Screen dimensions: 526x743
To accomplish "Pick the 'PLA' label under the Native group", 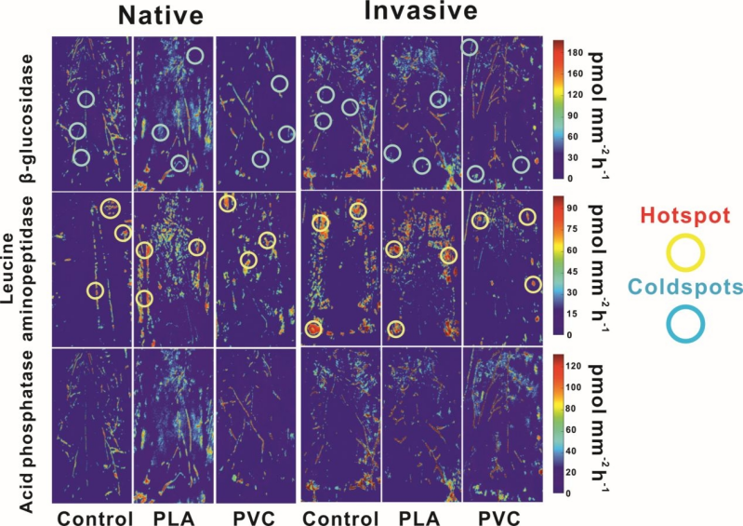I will click(x=173, y=515).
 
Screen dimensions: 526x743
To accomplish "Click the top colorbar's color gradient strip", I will click(x=556, y=107).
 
